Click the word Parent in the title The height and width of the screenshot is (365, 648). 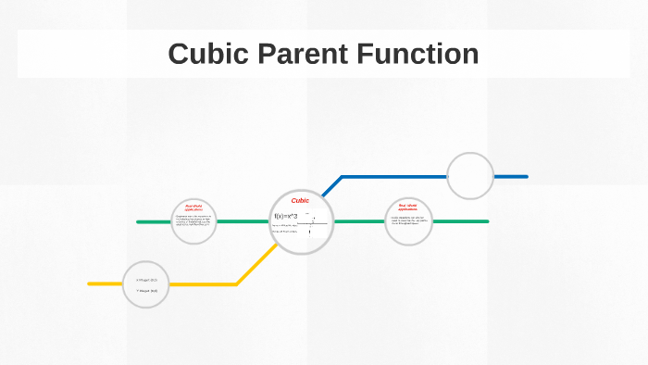[x=299, y=54]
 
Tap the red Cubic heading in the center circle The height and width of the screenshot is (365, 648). [x=300, y=200]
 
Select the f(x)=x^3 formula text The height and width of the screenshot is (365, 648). [x=286, y=217]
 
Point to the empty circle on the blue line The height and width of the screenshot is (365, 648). [x=470, y=175]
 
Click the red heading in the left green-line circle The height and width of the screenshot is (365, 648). [x=193, y=208]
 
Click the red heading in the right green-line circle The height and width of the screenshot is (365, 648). [x=408, y=207]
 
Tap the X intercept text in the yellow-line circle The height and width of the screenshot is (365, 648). [x=147, y=279]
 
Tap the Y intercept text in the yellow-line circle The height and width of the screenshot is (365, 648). [x=147, y=290]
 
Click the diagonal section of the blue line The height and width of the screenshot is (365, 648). [x=331, y=186]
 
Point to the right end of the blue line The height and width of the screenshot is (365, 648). [x=525, y=176]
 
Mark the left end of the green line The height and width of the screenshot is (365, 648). [x=139, y=221]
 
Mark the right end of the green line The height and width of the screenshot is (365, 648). [x=486, y=221]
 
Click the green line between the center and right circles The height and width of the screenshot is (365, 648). [x=359, y=221]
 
